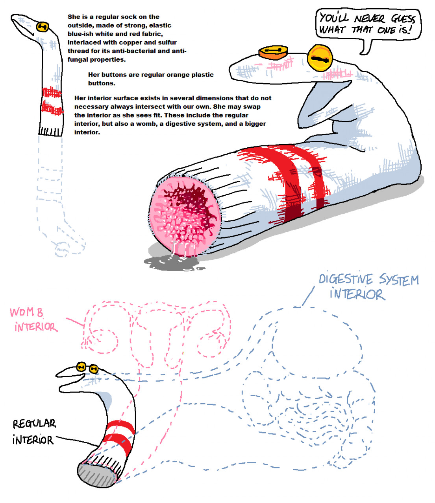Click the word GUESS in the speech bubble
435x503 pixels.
pos(403,19)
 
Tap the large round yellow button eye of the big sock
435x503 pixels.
pos(320,58)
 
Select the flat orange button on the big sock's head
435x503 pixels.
pos(273,53)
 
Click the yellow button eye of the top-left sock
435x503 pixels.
pos(43,27)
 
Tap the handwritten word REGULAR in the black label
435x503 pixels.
pos(34,424)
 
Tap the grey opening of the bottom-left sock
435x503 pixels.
pos(96,474)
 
